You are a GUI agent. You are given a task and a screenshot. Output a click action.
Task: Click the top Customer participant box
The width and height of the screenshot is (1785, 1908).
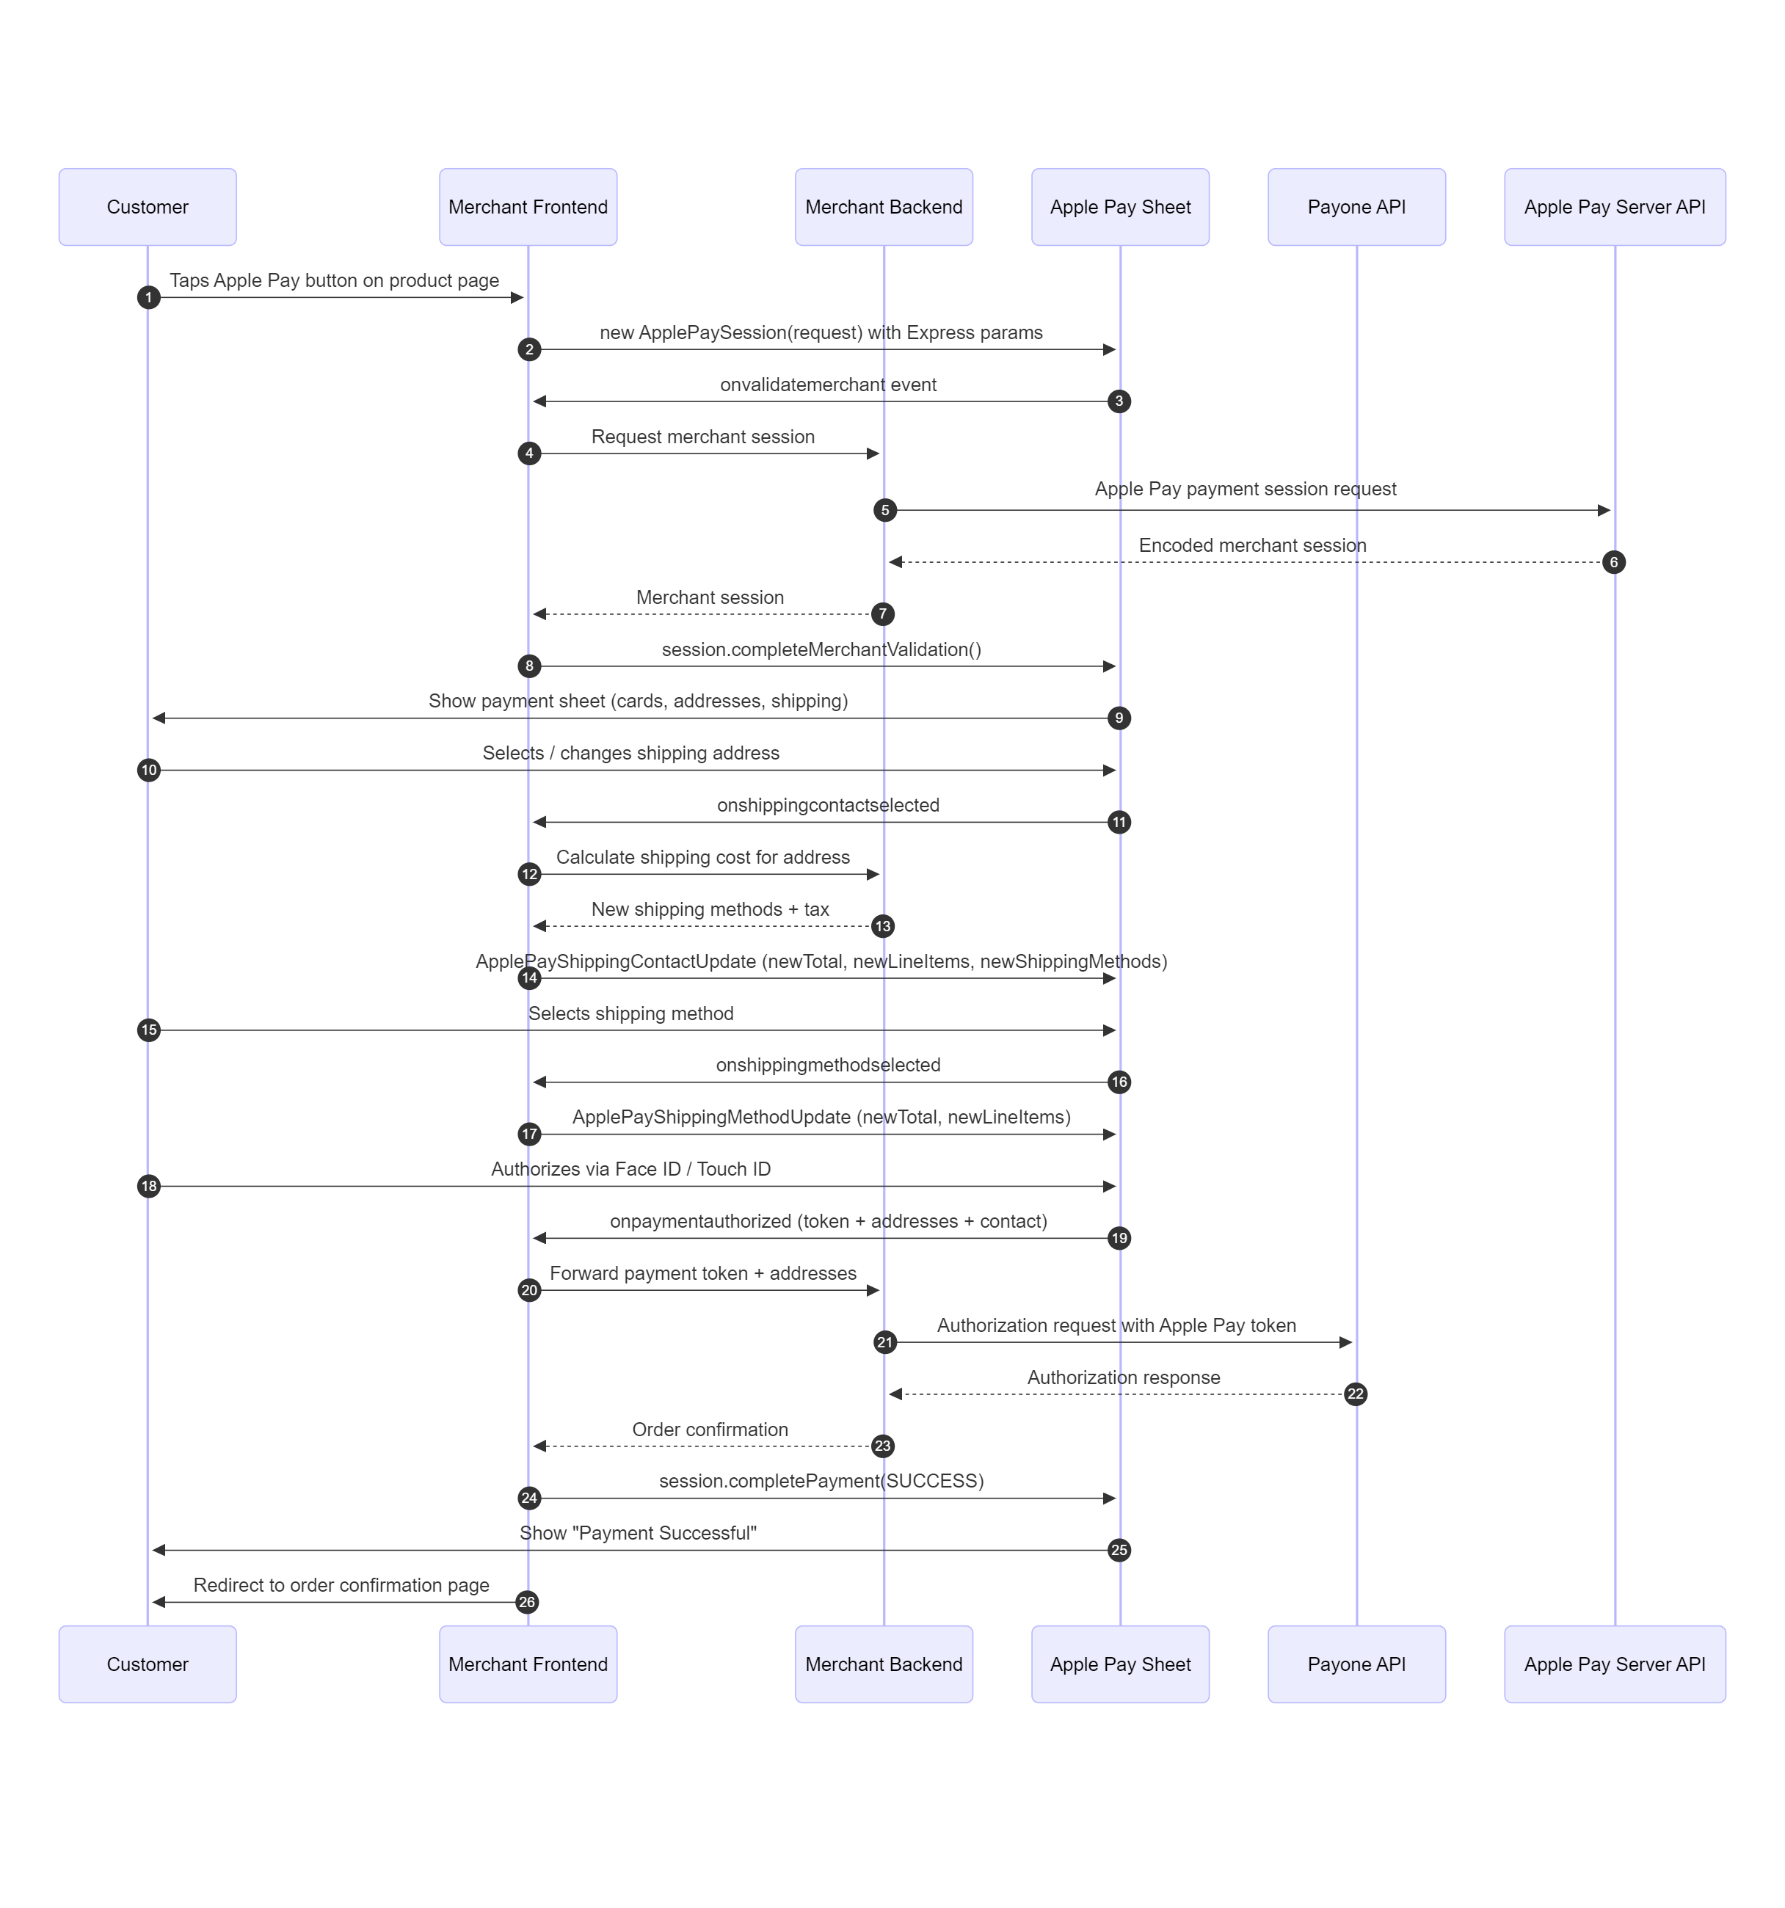[148, 207]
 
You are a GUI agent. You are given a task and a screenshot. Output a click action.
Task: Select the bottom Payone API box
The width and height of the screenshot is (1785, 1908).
[1356, 1664]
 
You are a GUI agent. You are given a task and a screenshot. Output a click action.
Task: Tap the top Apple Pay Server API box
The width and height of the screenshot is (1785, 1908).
[1614, 207]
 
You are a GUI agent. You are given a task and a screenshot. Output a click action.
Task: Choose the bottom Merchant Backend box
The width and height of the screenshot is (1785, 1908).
[884, 1664]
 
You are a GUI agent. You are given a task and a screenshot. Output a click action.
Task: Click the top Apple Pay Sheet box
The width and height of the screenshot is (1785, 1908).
[1120, 207]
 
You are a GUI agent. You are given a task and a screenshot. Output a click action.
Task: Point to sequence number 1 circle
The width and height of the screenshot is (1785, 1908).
[149, 297]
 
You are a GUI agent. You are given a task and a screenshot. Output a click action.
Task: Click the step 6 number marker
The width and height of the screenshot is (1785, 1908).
[1614, 562]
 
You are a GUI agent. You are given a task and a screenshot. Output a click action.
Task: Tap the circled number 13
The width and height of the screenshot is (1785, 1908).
[883, 926]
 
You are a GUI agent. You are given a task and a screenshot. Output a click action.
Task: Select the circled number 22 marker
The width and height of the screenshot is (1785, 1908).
[1355, 1394]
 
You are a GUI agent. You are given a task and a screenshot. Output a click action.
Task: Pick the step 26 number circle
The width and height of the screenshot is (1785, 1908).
[527, 1602]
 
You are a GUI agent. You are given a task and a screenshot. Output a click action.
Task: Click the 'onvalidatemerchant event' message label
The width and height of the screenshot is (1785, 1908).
[828, 385]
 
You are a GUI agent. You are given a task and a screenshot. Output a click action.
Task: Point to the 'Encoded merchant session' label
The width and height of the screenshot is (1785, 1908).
[1252, 545]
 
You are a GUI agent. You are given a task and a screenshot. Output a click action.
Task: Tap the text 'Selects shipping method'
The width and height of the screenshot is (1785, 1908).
[630, 1013]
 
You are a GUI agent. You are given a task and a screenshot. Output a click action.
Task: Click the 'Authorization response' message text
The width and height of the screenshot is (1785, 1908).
[1124, 1377]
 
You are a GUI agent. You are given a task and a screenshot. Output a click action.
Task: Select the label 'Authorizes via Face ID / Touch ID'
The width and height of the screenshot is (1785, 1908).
[630, 1169]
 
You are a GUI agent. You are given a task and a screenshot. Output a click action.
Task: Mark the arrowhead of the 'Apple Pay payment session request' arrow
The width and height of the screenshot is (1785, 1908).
[1604, 511]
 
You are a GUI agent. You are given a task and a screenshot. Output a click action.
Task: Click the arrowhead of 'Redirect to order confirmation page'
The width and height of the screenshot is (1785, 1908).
[159, 1602]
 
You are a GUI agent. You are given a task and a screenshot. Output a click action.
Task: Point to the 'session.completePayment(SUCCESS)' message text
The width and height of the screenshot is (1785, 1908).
[821, 1481]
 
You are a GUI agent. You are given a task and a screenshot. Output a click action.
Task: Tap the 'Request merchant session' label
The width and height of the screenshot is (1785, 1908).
[702, 437]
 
